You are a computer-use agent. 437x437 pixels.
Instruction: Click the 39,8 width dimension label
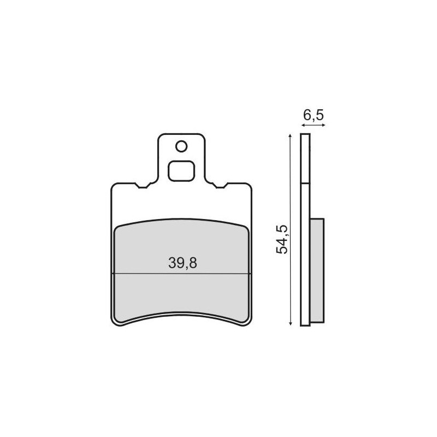(x=182, y=263)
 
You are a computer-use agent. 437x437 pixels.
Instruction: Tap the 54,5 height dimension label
(x=282, y=239)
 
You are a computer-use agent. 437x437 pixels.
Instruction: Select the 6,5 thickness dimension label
(x=314, y=115)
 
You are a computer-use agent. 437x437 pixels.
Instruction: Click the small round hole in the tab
(x=181, y=146)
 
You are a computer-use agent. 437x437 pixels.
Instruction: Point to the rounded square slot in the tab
(x=181, y=171)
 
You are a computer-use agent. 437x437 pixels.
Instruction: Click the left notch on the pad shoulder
(x=143, y=185)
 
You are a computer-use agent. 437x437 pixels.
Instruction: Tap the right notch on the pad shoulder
(x=220, y=185)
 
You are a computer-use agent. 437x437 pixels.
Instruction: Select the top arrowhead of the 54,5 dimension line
(x=291, y=135)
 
